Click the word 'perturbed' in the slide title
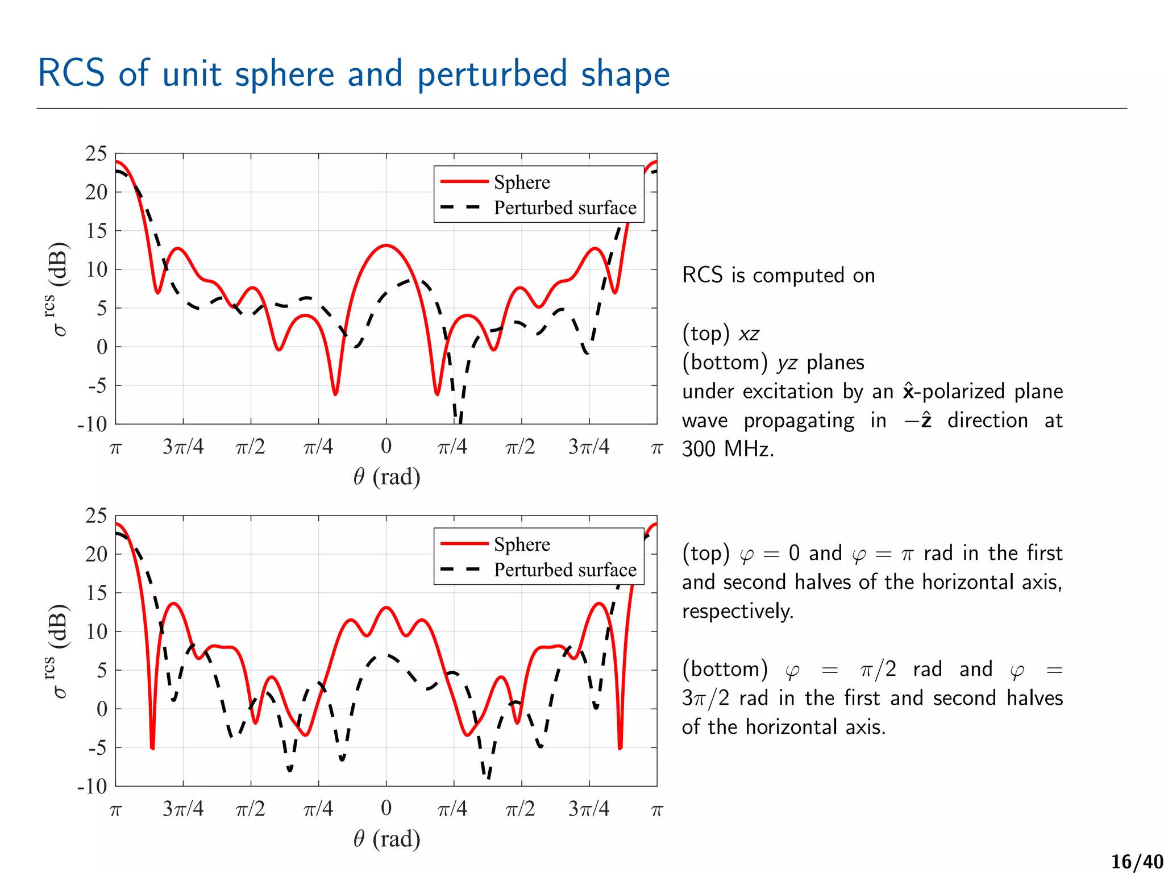pyautogui.click(x=492, y=74)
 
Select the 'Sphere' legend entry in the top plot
pyautogui.click(x=521, y=182)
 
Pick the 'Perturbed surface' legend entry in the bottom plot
pyautogui.click(x=564, y=569)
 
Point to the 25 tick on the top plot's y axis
pyautogui.click(x=96, y=153)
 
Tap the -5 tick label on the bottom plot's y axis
pyautogui.click(x=97, y=747)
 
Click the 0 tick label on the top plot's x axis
pyautogui.click(x=386, y=446)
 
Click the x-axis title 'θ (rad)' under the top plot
pyautogui.click(x=386, y=476)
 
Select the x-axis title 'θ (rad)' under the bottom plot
pyautogui.click(x=386, y=838)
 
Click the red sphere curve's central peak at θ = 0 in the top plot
pyautogui.click(x=386, y=246)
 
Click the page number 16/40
pyautogui.click(x=1137, y=862)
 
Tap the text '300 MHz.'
pyautogui.click(x=728, y=449)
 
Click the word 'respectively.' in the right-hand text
pyautogui.click(x=737, y=611)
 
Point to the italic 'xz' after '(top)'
pyautogui.click(x=749, y=334)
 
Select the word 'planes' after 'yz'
pyautogui.click(x=835, y=363)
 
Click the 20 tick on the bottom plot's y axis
pyautogui.click(x=96, y=554)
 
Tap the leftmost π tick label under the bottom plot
pyautogui.click(x=115, y=809)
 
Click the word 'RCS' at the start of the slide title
pyautogui.click(x=72, y=73)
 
